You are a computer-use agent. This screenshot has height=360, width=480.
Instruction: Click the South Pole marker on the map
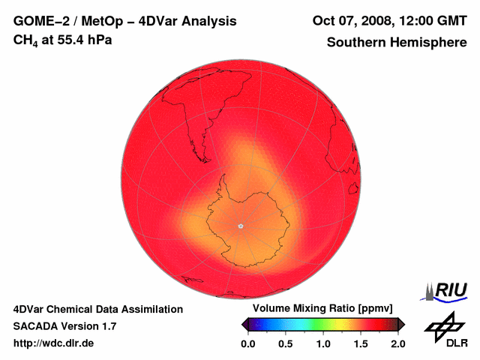click(240, 226)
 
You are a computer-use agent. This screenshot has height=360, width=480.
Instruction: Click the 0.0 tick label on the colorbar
click(248, 343)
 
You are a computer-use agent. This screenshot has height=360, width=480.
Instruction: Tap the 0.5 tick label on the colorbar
click(286, 343)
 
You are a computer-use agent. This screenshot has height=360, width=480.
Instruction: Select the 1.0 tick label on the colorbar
click(323, 343)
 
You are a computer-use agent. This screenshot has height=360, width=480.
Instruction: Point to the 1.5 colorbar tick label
click(361, 343)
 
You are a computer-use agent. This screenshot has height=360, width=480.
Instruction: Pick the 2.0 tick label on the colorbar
click(397, 343)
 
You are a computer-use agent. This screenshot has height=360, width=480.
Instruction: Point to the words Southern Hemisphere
click(396, 43)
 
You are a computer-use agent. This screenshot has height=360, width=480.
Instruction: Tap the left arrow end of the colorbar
click(244, 324)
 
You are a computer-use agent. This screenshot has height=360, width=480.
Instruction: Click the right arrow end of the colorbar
click(402, 324)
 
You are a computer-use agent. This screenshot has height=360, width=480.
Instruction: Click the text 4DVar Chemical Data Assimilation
click(97, 309)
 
